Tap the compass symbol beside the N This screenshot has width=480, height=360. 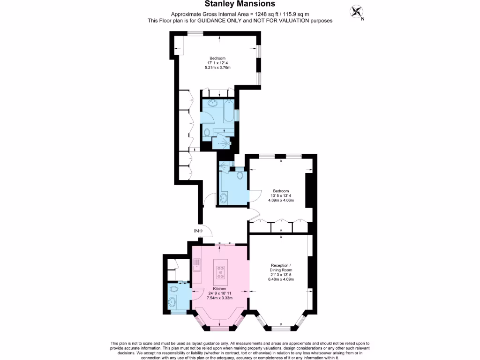click(x=357, y=11)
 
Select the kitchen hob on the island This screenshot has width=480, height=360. click(x=220, y=271)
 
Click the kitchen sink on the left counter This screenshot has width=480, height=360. click(x=197, y=266)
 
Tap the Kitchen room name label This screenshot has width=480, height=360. click(x=220, y=289)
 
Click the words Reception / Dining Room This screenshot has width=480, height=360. click(x=280, y=268)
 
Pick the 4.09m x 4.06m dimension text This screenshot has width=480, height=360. click(x=281, y=200)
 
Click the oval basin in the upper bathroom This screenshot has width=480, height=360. click(x=212, y=104)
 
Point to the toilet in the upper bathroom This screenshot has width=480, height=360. click(x=208, y=132)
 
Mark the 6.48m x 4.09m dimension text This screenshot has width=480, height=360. click(x=281, y=279)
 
